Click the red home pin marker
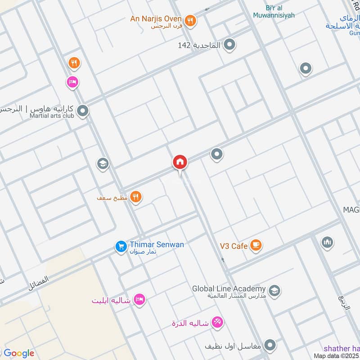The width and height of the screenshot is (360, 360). [x=180, y=162]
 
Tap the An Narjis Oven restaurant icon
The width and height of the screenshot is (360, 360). [x=190, y=20]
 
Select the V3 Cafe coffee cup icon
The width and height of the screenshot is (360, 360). [x=256, y=245]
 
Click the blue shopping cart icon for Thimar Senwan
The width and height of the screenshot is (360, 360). [x=121, y=246]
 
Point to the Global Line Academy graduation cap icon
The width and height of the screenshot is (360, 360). [x=274, y=290]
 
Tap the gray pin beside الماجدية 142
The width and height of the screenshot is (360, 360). [x=229, y=45]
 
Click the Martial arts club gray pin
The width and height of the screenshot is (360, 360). [x=82, y=111]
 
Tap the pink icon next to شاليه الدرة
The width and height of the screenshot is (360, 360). [x=217, y=322]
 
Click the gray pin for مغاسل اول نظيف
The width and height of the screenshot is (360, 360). [x=270, y=345]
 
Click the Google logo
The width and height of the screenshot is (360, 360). [x=19, y=353]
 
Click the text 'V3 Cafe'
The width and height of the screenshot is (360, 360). [x=234, y=246]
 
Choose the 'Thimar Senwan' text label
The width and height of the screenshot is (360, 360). [x=157, y=244]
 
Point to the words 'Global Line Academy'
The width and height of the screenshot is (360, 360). [x=229, y=288]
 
